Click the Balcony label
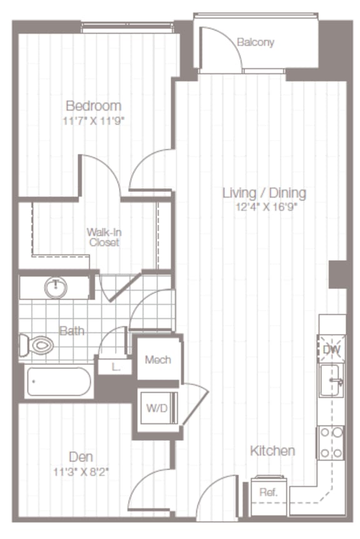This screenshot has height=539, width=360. [256, 43]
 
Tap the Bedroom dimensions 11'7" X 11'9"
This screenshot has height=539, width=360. [94, 121]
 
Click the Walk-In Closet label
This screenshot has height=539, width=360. [104, 238]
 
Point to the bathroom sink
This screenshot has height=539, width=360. [56, 288]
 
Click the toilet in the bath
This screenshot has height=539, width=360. [37, 344]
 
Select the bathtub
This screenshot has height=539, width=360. [59, 381]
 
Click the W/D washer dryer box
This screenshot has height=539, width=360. [157, 408]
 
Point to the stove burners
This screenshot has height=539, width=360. [331, 443]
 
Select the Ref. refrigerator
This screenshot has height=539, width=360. [269, 491]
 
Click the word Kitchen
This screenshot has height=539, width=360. [272, 451]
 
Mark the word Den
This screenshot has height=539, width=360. [81, 458]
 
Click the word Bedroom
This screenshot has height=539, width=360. [94, 106]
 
